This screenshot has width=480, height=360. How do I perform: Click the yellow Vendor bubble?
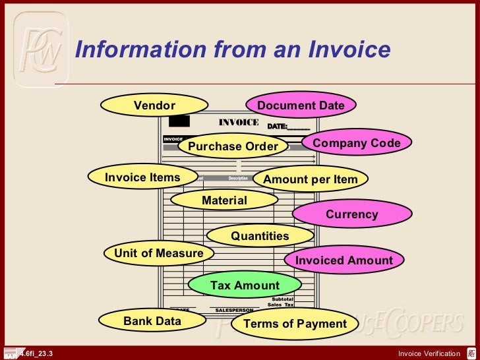tap(154, 105)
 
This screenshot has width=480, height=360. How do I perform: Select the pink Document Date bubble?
tap(301, 105)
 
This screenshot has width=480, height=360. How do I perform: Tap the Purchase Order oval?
tap(233, 146)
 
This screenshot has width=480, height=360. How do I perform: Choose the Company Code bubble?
tap(357, 143)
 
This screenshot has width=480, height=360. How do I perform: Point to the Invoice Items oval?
tap(142, 177)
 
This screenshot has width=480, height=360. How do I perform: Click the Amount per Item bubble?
tap(311, 179)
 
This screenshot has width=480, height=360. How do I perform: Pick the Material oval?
tap(225, 200)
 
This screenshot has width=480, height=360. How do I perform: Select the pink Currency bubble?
tap(352, 214)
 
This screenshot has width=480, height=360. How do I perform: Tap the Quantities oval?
tap(260, 236)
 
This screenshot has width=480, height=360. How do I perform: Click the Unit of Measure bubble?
tap(159, 253)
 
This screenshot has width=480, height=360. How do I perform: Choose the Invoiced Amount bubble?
tap(344, 260)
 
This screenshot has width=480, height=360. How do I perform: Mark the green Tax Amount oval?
tap(245, 285)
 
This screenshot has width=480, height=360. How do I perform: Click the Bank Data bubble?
tap(152, 322)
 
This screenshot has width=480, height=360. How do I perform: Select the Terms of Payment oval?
tap(295, 324)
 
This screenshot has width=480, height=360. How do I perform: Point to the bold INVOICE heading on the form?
tap(239, 123)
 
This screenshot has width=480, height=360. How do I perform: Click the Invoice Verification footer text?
tap(429, 354)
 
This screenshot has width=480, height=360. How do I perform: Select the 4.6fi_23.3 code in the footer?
tap(36, 354)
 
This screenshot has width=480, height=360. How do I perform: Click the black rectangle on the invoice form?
tap(179, 121)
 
